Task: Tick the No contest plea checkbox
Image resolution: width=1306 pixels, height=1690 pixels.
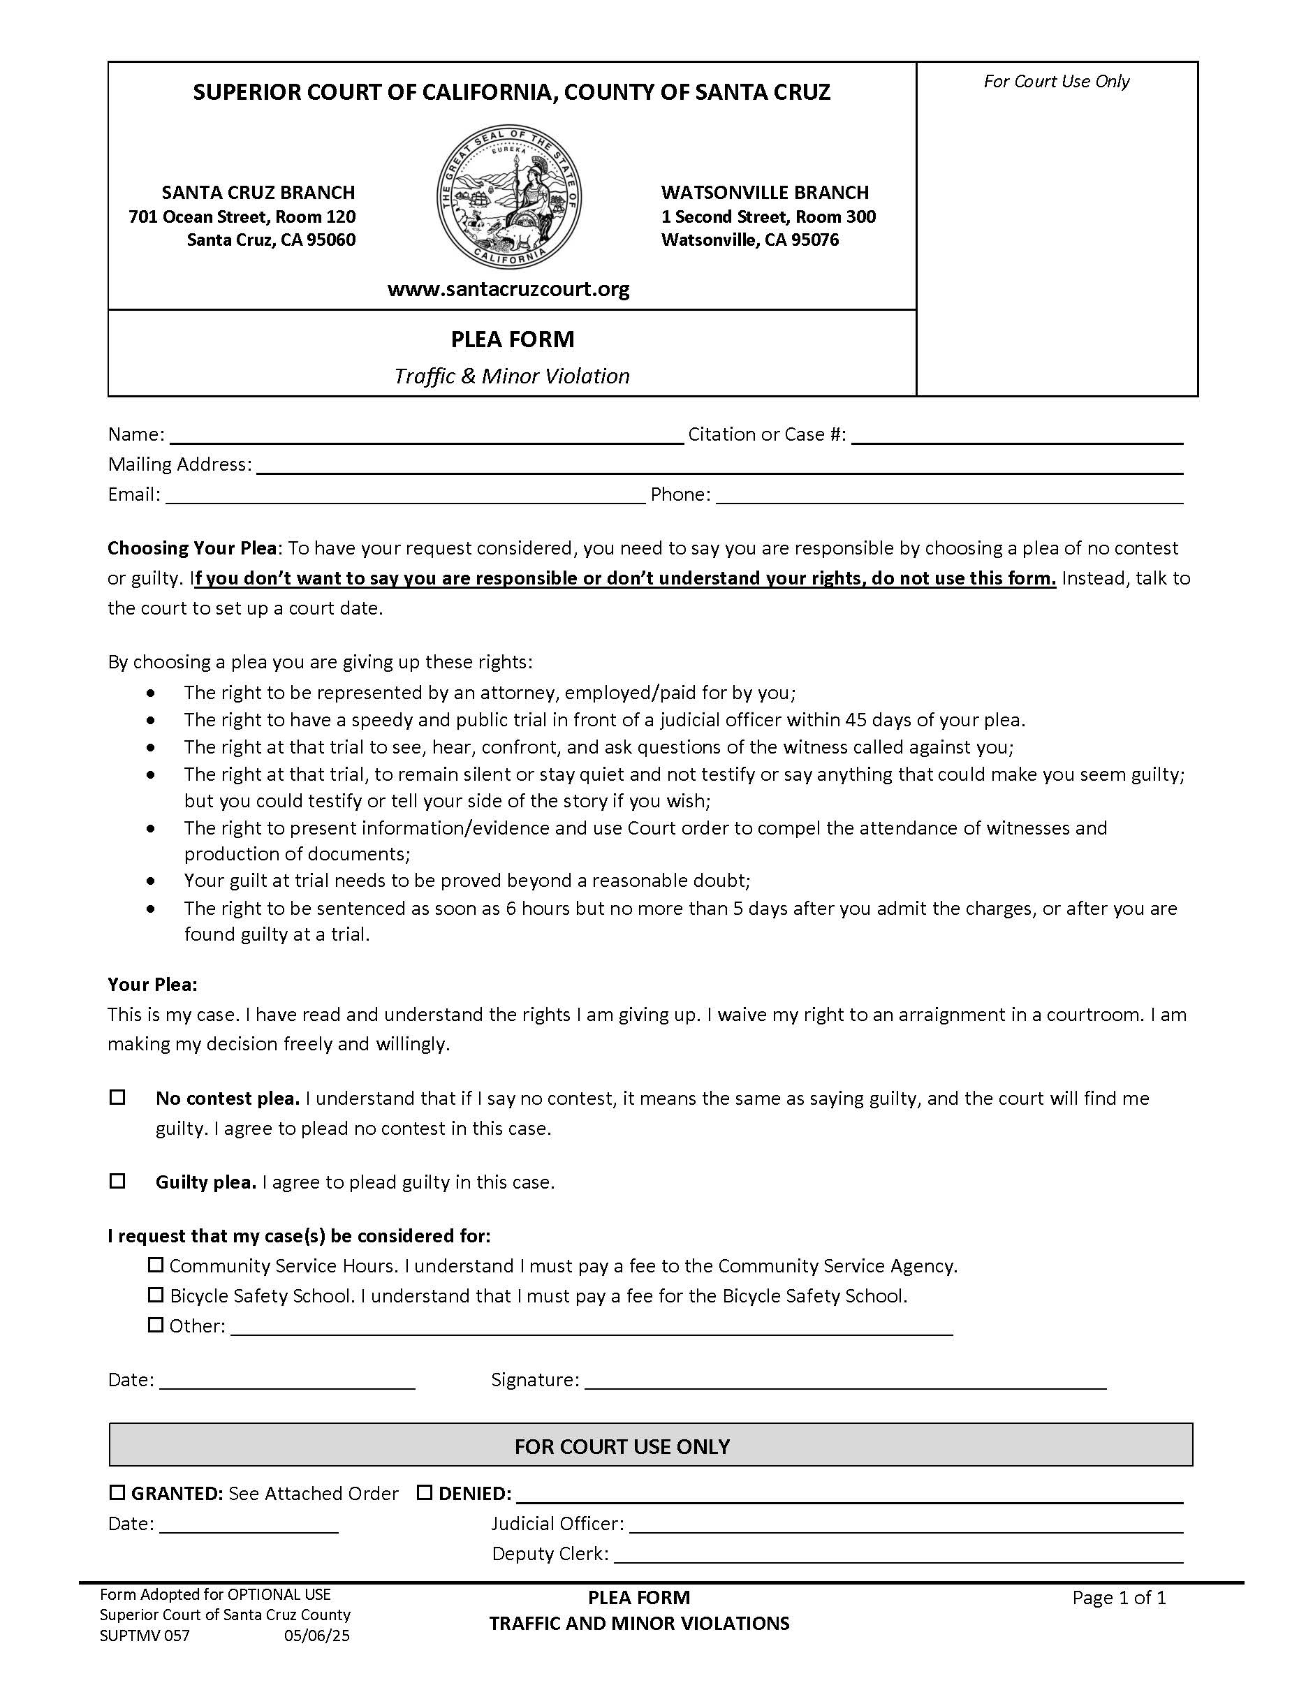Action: (x=117, y=1097)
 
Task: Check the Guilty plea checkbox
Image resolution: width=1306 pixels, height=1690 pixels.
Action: (x=117, y=1181)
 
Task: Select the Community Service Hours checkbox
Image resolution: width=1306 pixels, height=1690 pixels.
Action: (x=156, y=1265)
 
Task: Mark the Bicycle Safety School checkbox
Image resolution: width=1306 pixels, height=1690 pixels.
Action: (x=156, y=1294)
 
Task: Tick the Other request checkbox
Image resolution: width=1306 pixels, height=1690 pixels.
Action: (x=156, y=1325)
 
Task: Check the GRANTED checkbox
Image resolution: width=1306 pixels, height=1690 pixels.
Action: (x=117, y=1492)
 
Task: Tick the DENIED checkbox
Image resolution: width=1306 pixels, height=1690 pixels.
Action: (x=425, y=1492)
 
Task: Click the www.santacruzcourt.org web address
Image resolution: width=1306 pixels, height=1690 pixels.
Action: (x=508, y=289)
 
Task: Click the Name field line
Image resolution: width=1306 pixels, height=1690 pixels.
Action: (x=425, y=436)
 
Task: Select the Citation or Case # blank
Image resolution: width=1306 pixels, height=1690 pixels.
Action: (x=1016, y=436)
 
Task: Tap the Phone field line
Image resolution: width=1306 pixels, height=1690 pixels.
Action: (x=948, y=496)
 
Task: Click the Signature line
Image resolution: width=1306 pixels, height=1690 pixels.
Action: (x=845, y=1382)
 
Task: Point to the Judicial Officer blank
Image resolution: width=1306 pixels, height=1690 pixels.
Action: (x=905, y=1524)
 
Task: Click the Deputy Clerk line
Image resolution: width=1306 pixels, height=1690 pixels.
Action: (x=897, y=1555)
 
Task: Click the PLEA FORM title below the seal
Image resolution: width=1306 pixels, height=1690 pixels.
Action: (x=512, y=339)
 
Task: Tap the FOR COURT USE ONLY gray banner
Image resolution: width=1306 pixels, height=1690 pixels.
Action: (x=651, y=1446)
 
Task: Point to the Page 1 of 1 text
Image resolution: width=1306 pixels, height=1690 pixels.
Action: (x=1118, y=1598)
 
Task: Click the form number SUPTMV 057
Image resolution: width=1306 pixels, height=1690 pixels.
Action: (x=145, y=1636)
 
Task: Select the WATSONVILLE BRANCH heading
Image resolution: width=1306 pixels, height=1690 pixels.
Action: (x=765, y=192)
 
